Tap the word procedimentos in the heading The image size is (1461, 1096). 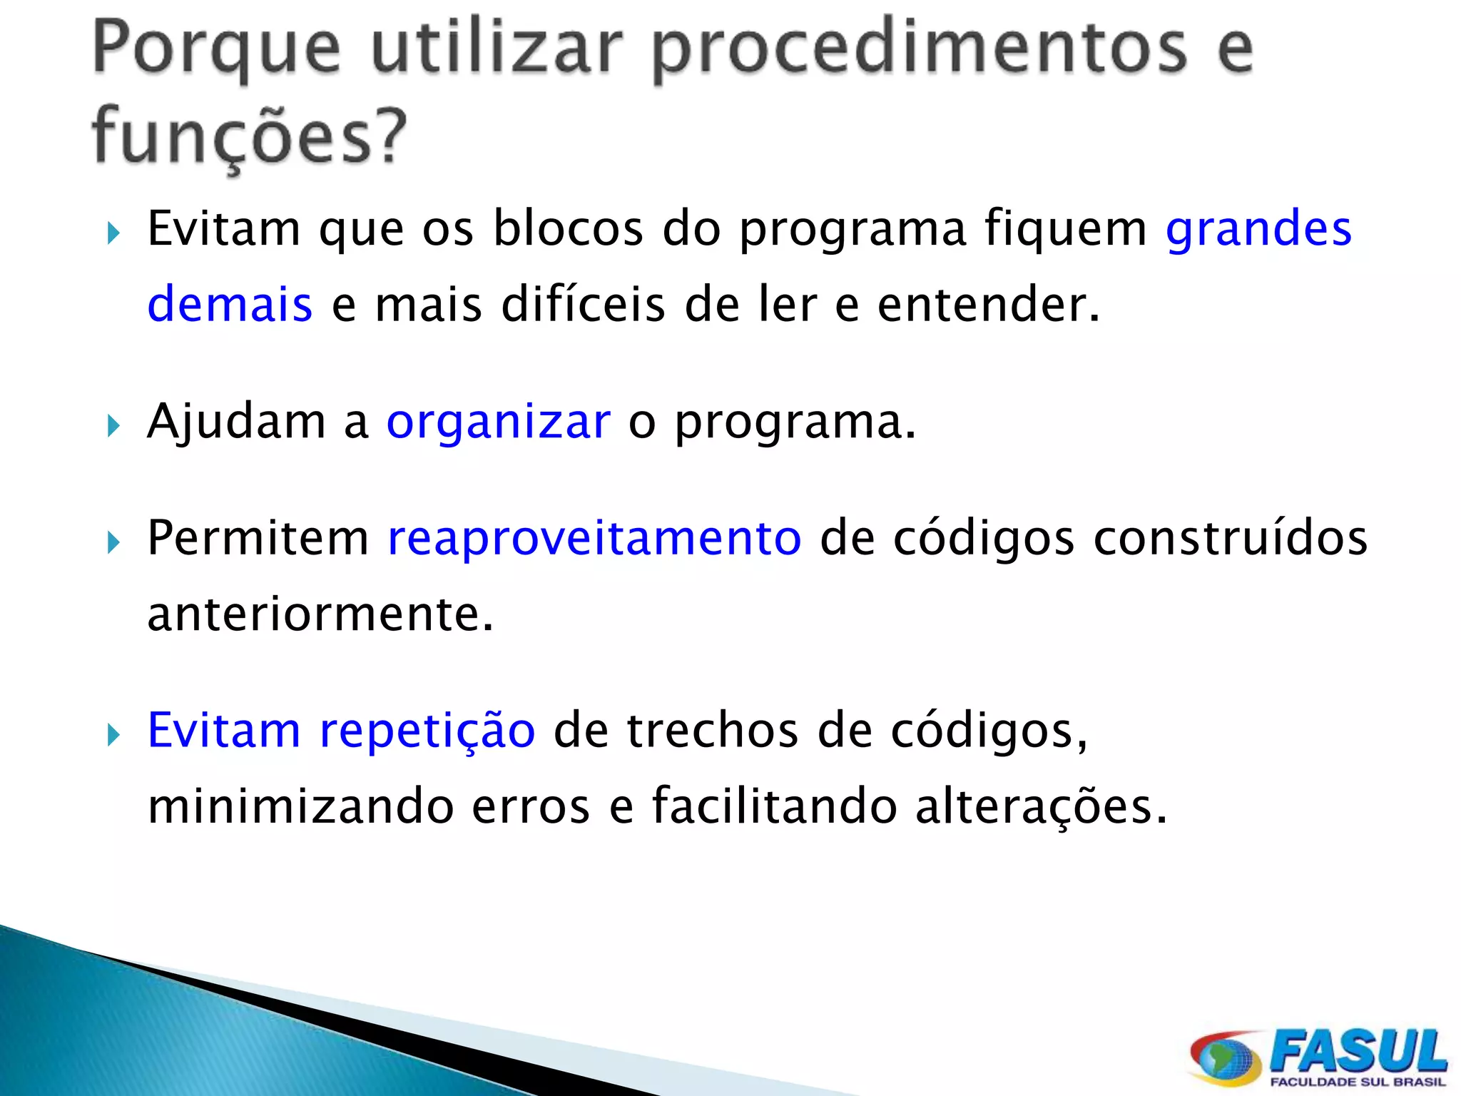(920, 50)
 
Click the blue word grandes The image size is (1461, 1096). (1258, 230)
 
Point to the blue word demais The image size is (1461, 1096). (230, 305)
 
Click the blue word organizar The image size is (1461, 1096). (498, 422)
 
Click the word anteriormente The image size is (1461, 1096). (320, 614)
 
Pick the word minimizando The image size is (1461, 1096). (300, 806)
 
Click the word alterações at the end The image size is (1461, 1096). (1040, 806)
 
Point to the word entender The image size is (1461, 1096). (988, 305)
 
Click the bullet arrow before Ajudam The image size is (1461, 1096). (113, 426)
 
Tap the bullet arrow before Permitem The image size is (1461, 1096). (113, 542)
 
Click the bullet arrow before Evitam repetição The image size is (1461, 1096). (113, 735)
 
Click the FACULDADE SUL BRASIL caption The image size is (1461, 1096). (1357, 1082)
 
